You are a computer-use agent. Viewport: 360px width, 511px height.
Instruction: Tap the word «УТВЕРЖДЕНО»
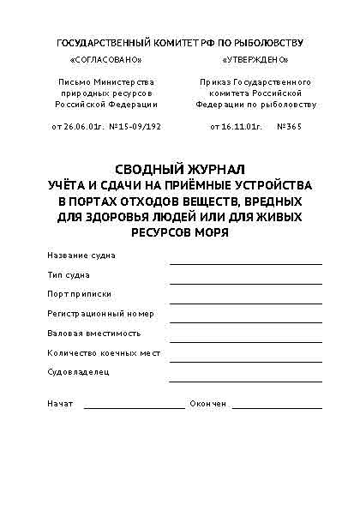255,61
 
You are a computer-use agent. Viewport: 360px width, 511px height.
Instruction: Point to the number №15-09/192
135,126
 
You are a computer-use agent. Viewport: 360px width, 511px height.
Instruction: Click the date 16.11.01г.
235,126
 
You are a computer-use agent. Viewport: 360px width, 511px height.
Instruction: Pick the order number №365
293,126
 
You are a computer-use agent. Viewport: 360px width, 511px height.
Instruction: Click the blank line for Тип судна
245,282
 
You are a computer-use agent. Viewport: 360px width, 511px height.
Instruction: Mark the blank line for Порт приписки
245,302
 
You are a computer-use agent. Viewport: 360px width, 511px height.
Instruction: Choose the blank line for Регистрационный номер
245,322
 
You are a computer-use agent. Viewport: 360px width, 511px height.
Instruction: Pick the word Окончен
207,403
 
